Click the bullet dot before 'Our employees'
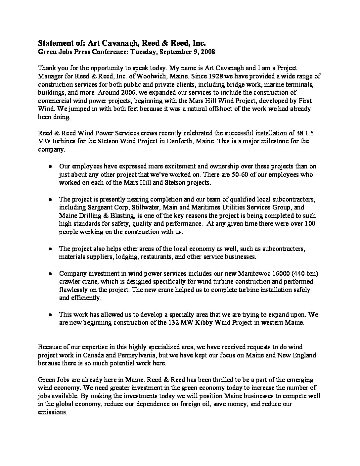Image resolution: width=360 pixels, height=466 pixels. (50, 167)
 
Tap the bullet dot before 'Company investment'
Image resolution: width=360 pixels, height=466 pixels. (50, 274)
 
